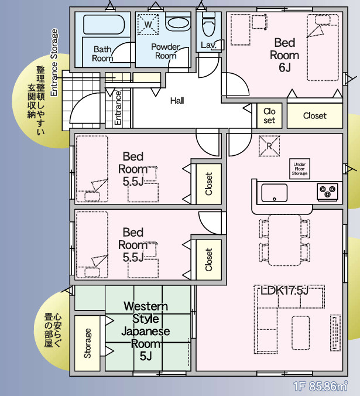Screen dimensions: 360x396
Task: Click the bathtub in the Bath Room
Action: point(104,25)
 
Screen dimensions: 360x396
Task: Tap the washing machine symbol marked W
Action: point(148,25)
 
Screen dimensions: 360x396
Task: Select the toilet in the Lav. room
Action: point(208,24)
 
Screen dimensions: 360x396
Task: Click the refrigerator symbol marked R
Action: point(269,146)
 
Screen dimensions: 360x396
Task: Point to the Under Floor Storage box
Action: point(300,169)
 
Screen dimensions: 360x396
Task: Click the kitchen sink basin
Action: point(274,193)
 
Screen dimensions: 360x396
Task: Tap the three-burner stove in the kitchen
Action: point(327,192)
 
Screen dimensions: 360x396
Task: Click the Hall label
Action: point(177,101)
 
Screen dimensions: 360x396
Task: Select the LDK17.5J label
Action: point(284,291)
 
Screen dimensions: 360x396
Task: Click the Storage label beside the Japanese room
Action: point(87,343)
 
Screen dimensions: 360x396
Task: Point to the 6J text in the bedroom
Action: point(284,67)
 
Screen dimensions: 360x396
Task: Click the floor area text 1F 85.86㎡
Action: point(320,386)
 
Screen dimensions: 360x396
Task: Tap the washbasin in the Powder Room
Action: point(178,23)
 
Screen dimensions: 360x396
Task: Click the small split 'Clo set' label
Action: point(269,115)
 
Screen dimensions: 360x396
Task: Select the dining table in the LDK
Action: point(284,240)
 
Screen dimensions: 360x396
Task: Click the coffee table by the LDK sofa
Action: point(301,333)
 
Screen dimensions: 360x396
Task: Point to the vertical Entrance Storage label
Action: point(54,62)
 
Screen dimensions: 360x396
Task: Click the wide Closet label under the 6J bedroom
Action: point(315,115)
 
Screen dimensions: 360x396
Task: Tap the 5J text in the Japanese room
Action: point(146,356)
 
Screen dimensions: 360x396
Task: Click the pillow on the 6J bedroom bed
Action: point(322,21)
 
